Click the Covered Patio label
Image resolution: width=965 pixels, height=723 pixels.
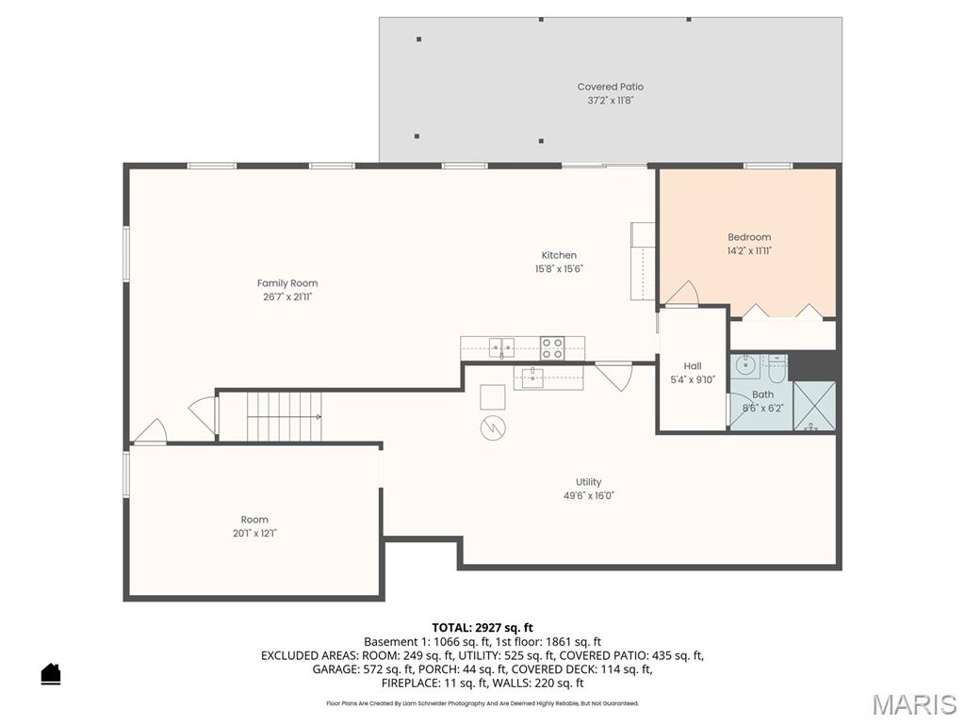[611, 87]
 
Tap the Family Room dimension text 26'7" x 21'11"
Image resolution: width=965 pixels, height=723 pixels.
[287, 297]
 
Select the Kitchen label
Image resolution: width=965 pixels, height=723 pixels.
[559, 255]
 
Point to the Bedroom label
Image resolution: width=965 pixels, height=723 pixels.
[749, 237]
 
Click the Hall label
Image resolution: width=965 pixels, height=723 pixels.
[693, 366]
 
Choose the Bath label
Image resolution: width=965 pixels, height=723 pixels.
[762, 394]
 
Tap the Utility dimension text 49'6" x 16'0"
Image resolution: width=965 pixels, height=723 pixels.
[589, 495]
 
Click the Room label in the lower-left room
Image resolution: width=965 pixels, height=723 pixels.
[254, 520]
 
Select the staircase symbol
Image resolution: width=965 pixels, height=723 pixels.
[284, 416]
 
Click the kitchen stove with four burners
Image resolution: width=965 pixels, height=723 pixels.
[552, 348]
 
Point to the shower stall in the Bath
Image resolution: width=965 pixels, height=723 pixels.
[814, 406]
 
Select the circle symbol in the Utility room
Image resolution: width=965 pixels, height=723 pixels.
[493, 428]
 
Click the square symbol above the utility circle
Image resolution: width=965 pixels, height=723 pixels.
[492, 396]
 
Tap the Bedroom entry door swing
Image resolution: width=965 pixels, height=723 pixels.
[681, 294]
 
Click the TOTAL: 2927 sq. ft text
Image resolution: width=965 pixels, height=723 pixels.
[482, 627]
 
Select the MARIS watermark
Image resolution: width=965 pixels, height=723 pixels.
[913, 704]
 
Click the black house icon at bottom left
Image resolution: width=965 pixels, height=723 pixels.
[51, 674]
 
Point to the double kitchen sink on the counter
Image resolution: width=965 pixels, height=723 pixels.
[501, 348]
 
